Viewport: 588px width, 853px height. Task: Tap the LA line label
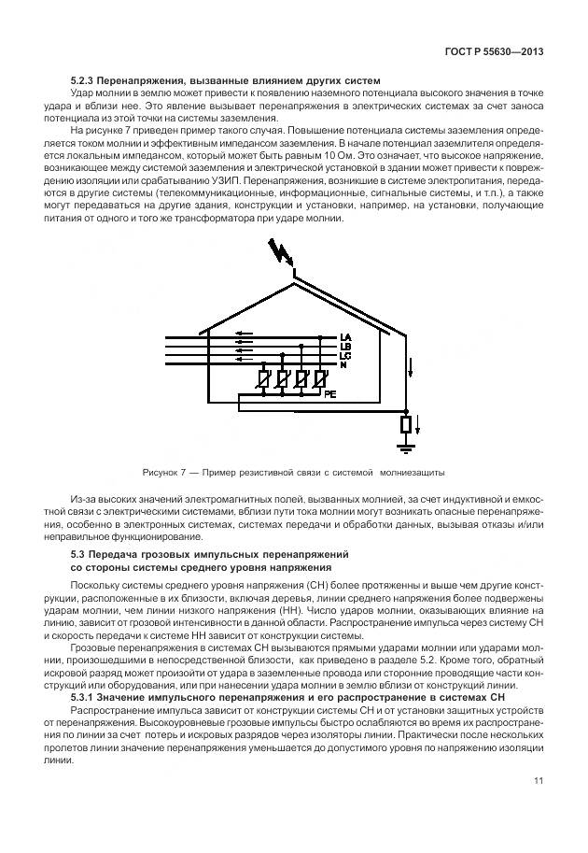pos(344,337)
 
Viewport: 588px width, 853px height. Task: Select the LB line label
pos(344,347)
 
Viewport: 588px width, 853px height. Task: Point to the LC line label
pos(344,356)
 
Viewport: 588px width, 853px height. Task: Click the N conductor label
pos(343,365)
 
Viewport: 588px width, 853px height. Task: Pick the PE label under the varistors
pos(329,395)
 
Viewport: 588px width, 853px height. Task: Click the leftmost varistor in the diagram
pos(264,380)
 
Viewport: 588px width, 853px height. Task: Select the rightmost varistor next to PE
pos(319,380)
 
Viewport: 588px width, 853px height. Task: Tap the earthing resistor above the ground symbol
pos(406,426)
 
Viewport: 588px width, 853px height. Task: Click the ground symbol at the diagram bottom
pos(406,449)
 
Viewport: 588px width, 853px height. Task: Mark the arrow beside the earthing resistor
pos(418,428)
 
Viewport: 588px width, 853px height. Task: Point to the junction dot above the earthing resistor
pos(406,411)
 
